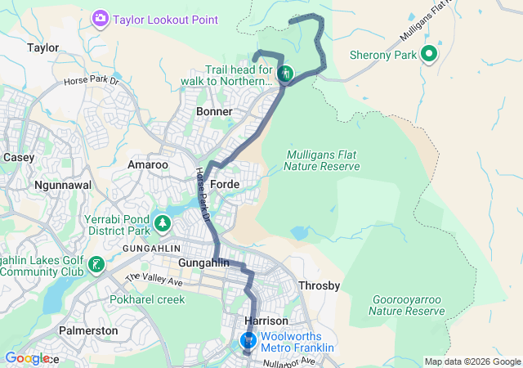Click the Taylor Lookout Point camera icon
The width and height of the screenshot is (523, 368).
(101, 18)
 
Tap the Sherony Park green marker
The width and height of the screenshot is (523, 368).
(428, 55)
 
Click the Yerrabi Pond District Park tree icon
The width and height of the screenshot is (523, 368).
(163, 223)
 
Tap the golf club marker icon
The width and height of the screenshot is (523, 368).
(97, 264)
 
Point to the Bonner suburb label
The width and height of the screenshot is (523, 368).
(215, 110)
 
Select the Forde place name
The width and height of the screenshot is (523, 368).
(225, 185)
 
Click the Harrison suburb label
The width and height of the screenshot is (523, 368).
(265, 321)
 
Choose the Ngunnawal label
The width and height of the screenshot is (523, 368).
(60, 185)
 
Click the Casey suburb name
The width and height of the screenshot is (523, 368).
(18, 156)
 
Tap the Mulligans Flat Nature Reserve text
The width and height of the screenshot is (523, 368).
(322, 160)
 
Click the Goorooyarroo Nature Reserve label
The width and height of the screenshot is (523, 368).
(405, 305)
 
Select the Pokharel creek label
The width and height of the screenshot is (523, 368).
(148, 299)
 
